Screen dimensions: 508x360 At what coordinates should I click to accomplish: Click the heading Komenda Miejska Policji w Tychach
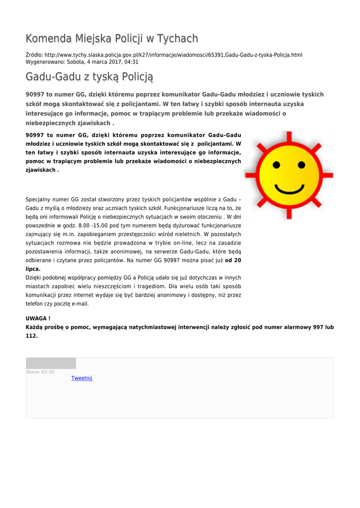112,39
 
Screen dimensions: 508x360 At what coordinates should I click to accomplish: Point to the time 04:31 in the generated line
132,62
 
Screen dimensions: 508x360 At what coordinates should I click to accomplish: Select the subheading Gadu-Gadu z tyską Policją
89,77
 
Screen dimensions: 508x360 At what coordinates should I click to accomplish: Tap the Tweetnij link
82,378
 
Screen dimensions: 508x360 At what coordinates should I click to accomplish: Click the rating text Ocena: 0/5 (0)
40,372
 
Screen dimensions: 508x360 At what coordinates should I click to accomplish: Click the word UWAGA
36,317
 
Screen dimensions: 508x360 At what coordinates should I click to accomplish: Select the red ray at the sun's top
288,136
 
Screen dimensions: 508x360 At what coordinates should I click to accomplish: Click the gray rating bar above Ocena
51,363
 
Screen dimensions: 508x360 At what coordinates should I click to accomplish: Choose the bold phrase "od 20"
233,260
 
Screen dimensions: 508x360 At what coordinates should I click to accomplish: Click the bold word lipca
33,269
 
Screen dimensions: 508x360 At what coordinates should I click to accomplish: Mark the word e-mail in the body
80,304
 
